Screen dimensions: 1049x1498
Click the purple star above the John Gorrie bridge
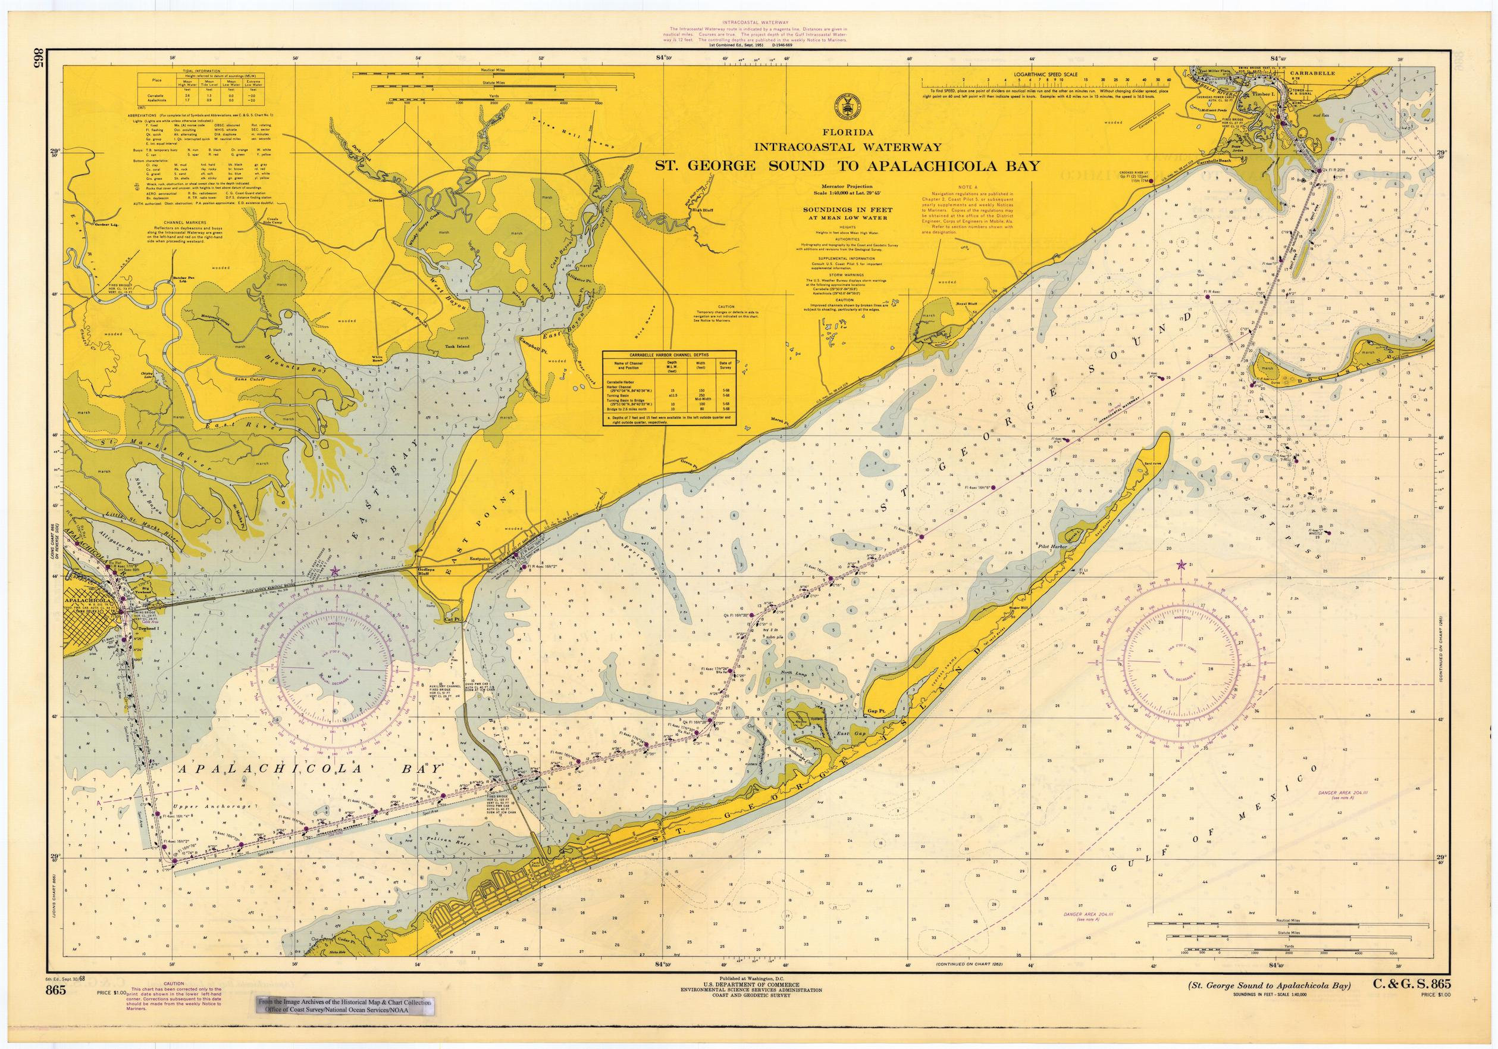(x=335, y=571)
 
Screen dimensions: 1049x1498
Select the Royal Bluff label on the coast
(x=966, y=304)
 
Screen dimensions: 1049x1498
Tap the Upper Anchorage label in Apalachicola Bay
(x=213, y=807)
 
